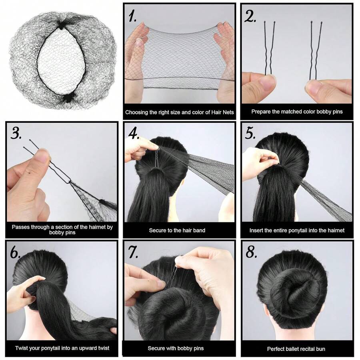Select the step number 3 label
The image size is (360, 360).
[16, 134]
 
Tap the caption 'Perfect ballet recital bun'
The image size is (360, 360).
[296, 349]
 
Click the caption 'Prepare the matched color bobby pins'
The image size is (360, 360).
[297, 112]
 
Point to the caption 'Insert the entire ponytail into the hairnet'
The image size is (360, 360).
[297, 230]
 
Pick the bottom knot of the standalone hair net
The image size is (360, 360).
[65, 98]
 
